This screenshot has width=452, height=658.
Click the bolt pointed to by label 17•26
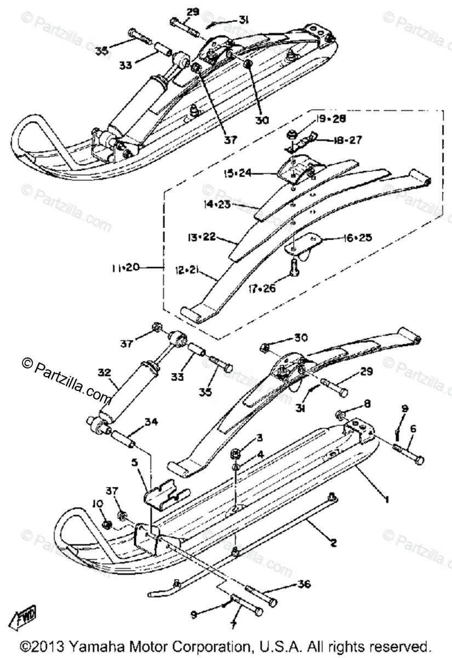coord(294,269)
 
